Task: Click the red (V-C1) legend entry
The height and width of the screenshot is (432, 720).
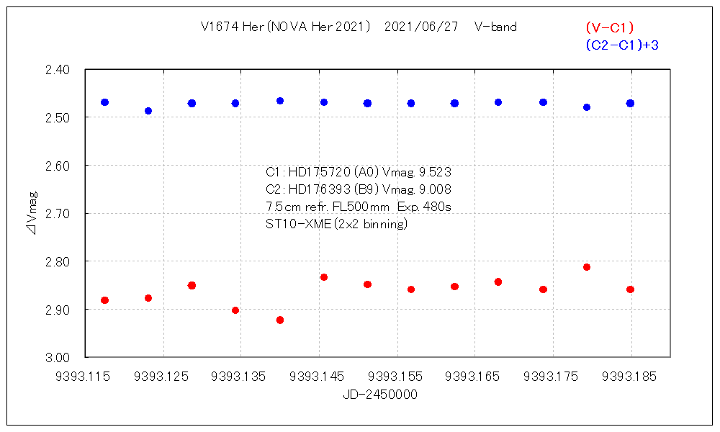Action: click(609, 28)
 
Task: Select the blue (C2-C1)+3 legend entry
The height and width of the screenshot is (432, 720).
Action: click(623, 45)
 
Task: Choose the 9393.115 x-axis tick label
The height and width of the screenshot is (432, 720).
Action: click(85, 376)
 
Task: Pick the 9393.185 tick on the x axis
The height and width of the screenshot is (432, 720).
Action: click(630, 376)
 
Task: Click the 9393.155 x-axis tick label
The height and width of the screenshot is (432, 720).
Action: click(397, 376)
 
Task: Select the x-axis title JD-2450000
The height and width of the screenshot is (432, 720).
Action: click(379, 395)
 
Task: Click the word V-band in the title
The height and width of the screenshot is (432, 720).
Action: click(495, 27)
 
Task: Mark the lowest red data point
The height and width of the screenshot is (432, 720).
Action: click(280, 320)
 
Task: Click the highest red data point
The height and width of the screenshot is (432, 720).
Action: click(587, 267)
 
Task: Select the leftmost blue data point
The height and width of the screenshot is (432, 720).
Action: click(104, 102)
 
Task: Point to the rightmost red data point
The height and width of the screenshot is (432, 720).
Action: click(630, 289)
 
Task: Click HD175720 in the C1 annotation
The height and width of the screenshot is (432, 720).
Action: click(318, 173)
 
